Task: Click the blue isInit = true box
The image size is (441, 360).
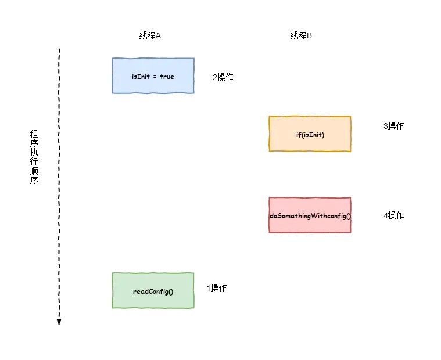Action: tap(153, 75)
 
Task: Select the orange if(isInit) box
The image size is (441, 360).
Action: tap(310, 134)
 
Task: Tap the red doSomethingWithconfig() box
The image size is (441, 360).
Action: tap(310, 215)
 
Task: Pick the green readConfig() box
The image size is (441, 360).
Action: tap(153, 290)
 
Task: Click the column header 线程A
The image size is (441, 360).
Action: tap(149, 35)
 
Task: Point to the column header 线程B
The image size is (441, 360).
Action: tap(302, 35)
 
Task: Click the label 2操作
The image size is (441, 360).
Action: tap(223, 77)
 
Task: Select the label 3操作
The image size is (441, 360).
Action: tap(393, 126)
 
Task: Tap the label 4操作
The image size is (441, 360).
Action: tap(393, 215)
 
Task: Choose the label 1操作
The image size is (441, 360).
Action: tap(217, 288)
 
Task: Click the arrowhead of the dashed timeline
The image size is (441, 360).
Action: tap(59, 322)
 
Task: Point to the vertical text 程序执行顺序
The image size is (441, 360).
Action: tap(34, 157)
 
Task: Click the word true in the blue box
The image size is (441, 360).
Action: tap(167, 77)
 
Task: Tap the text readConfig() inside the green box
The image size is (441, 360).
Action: tap(153, 291)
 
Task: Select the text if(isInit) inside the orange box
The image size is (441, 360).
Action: tap(310, 135)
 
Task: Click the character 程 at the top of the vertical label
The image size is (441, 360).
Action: tap(34, 134)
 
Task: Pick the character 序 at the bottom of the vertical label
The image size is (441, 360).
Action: tap(34, 181)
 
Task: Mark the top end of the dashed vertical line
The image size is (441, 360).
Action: tap(59, 50)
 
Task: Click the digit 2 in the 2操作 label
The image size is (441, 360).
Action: tap(214, 77)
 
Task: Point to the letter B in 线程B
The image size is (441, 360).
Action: tap(310, 35)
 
